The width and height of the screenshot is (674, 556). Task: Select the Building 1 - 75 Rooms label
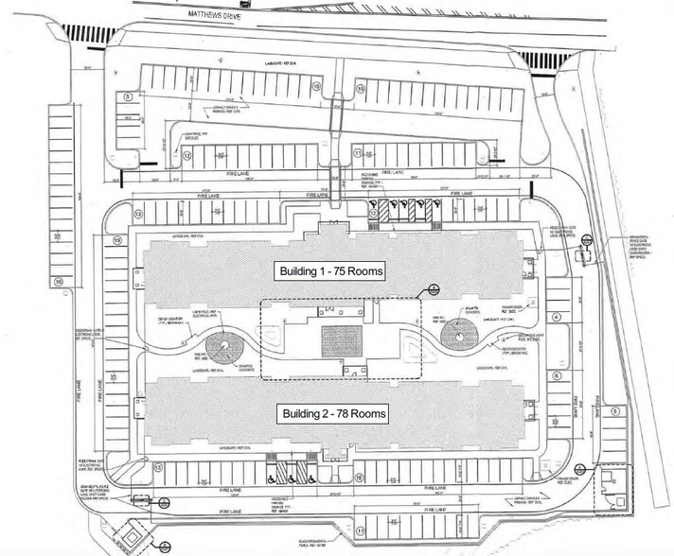point(330,272)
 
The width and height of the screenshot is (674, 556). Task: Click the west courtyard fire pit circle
point(224,346)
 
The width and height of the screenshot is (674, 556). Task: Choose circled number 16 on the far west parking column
point(58,282)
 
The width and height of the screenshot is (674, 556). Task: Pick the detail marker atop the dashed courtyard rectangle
point(432,287)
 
